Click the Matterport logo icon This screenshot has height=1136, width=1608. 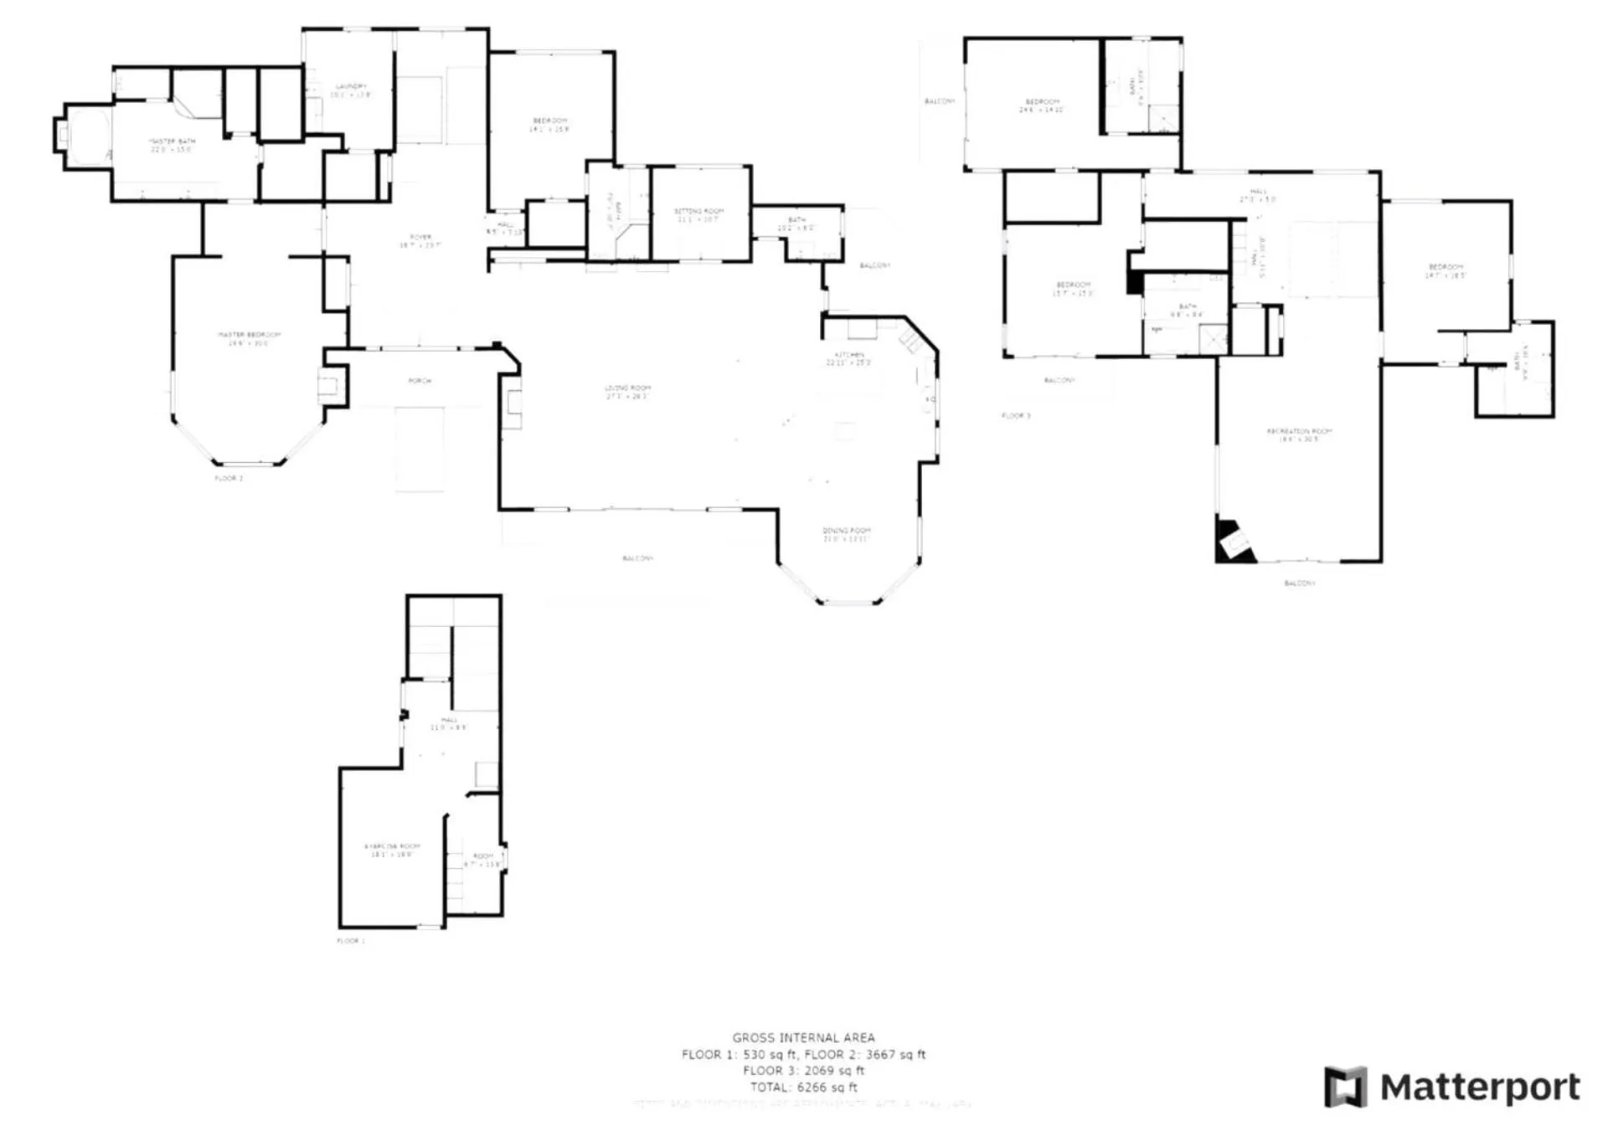(1345, 1086)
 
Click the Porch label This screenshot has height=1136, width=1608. (420, 381)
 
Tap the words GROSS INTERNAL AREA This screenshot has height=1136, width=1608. (803, 1037)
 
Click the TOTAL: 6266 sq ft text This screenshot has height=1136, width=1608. (803, 1087)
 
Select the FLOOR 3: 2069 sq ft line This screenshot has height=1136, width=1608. (803, 1070)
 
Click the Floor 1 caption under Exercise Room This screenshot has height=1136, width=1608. (350, 941)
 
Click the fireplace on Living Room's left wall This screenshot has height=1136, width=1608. (512, 404)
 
